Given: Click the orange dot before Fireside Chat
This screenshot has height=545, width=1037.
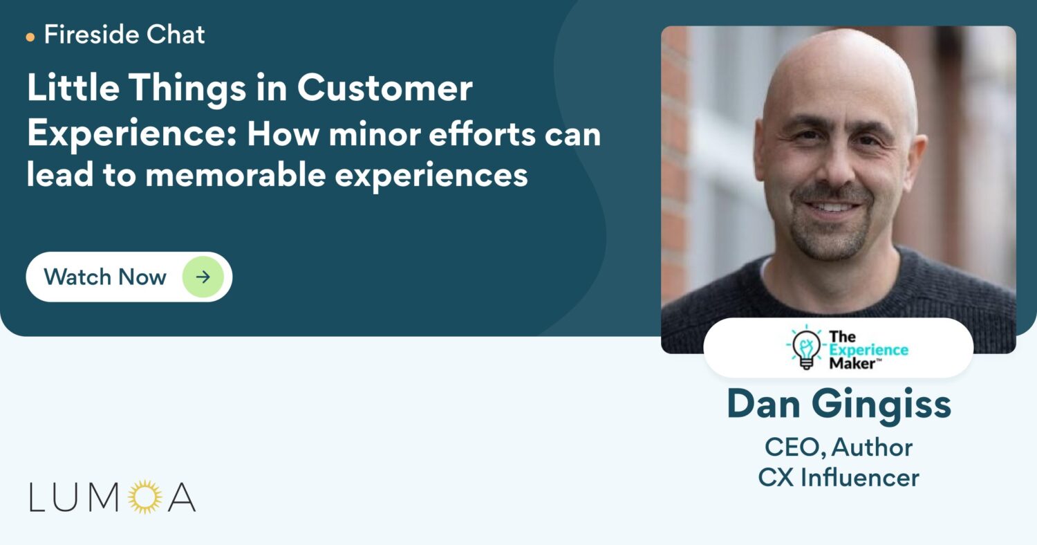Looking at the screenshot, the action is pos(30,37).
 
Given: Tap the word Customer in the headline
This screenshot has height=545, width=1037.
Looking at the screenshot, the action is pos(384,88).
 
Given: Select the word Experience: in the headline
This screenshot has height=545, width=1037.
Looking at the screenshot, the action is pos(132,134).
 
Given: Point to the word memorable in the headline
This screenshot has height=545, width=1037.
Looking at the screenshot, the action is pos(236,174).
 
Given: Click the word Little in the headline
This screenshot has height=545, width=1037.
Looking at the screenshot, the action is pos(73,87).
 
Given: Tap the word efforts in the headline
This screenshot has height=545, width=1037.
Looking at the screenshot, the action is pos(482,133).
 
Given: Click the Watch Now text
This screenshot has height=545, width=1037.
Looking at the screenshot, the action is pos(105,277).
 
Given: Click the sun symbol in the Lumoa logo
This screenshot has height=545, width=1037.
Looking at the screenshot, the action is pos(145,497).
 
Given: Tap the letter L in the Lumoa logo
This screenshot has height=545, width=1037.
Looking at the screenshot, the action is pos(37,497).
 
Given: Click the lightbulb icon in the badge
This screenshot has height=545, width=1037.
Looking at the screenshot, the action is pos(806,347).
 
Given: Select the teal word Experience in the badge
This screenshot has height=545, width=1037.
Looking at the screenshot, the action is pos(868,350).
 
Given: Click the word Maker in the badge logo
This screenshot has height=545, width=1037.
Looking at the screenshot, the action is pos(852,364).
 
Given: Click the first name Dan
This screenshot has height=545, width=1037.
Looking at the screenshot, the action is pos(763,404).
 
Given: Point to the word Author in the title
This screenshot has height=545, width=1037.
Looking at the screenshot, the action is pos(872,447).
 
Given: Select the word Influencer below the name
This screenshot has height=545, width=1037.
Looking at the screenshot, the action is pos(860,477).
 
